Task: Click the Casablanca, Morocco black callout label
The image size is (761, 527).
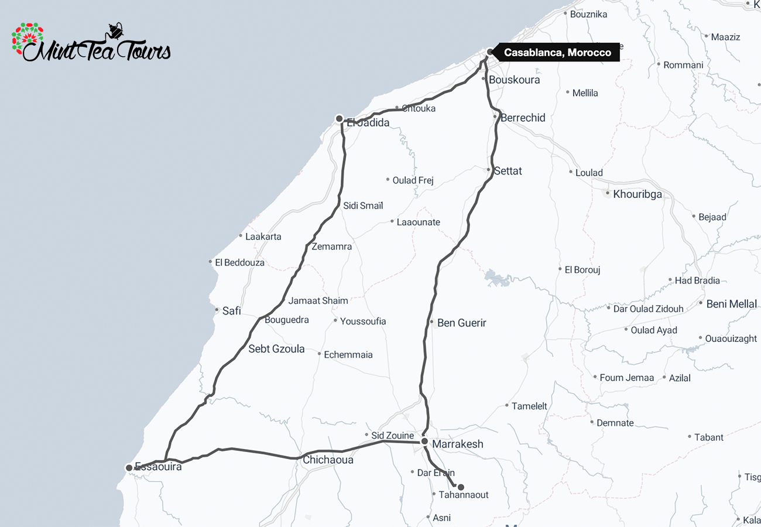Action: point(557,53)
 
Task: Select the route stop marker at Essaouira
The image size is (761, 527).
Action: point(129,468)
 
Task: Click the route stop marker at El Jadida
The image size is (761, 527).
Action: point(339,119)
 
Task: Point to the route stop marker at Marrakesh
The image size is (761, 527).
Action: point(424,441)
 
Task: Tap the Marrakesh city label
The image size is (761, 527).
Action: point(458,444)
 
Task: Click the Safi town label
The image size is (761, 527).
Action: point(231,311)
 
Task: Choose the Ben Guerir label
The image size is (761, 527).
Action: point(461,323)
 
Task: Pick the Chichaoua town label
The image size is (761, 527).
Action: point(328,460)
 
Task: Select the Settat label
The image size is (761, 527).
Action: point(508,171)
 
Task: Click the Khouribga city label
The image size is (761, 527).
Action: point(637,194)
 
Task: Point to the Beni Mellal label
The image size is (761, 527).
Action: point(732,304)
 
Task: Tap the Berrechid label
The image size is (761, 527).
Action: point(523,118)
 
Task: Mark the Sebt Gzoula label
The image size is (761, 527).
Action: point(276,349)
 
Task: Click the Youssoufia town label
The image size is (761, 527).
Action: point(363,321)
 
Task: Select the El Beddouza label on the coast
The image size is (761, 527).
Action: point(239,263)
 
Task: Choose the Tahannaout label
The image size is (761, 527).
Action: point(464,495)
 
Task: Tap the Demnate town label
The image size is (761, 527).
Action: point(615,423)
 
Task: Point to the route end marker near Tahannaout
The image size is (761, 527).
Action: point(461,487)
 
